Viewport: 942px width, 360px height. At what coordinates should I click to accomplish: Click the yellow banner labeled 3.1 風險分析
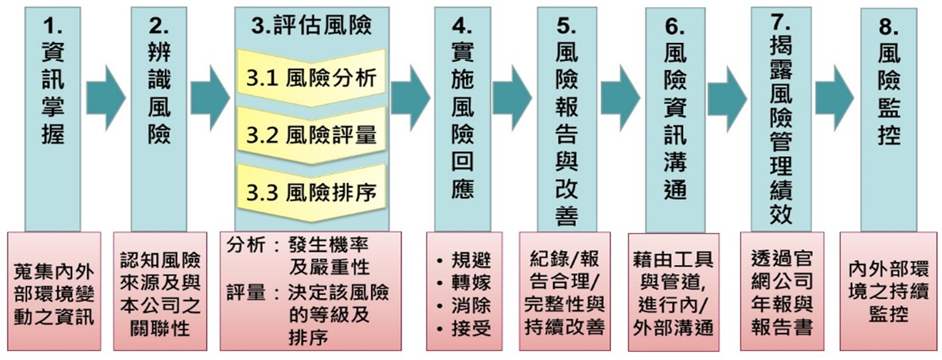tap(311, 79)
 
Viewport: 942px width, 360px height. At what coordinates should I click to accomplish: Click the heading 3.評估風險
tap(311, 25)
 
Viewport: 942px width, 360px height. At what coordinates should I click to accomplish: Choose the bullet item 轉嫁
tap(471, 282)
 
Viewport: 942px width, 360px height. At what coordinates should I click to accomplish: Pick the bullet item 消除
tap(471, 306)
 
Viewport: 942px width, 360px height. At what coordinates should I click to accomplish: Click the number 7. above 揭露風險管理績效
tap(780, 21)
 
